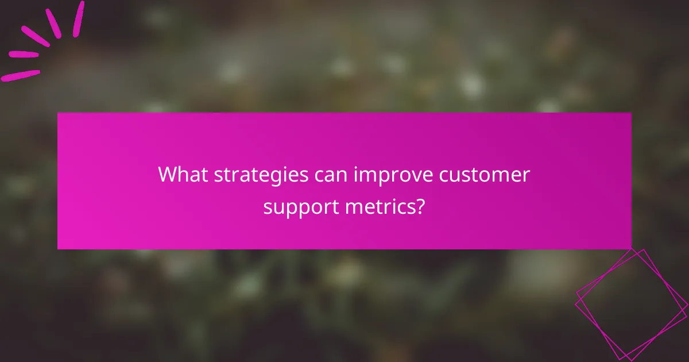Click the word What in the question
tap(179, 175)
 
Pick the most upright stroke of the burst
tap(78, 18)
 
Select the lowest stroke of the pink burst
tap(21, 75)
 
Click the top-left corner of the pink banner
tap(58, 113)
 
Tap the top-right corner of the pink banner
tap(631, 113)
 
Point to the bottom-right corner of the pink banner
tap(631, 248)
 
